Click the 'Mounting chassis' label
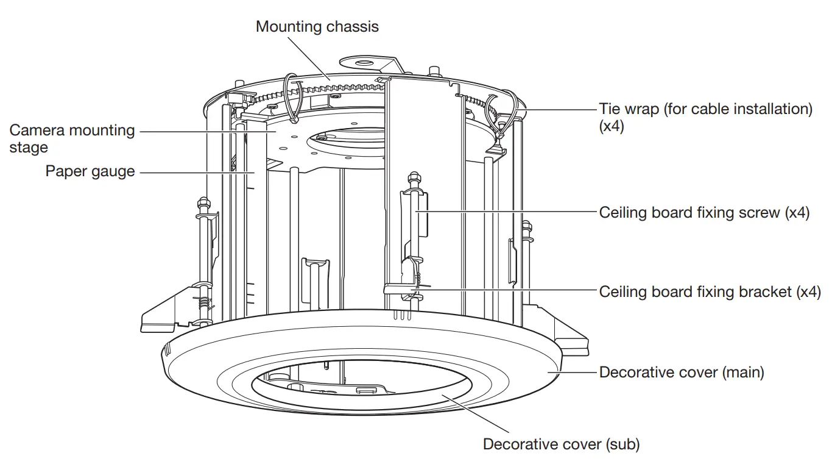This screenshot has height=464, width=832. click(x=317, y=27)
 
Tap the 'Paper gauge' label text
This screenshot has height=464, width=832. click(x=90, y=171)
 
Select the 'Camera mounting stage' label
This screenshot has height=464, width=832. click(x=72, y=138)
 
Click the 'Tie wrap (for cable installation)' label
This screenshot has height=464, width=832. click(x=705, y=109)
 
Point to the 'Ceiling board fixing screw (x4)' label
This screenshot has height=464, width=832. click(x=704, y=212)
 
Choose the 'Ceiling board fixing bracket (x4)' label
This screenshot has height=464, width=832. click(x=710, y=291)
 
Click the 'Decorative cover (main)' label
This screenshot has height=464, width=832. click(x=681, y=372)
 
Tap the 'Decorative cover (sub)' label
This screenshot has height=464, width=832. click(x=561, y=444)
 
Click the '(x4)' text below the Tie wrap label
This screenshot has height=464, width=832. click(x=612, y=127)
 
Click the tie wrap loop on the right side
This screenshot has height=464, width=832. click(x=502, y=110)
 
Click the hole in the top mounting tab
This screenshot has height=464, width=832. click(x=364, y=62)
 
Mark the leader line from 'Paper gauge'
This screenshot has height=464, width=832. click(x=195, y=173)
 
